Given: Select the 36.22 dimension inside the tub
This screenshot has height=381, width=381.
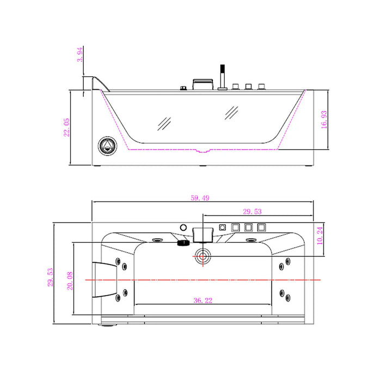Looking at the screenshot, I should pyautogui.click(x=202, y=300).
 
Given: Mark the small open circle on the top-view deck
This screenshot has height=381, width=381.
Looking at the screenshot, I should pyautogui.click(x=183, y=226).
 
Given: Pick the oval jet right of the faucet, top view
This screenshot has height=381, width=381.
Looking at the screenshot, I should pyautogui.click(x=251, y=239).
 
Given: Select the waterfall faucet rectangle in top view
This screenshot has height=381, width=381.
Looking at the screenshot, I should pyautogui.click(x=201, y=235).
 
